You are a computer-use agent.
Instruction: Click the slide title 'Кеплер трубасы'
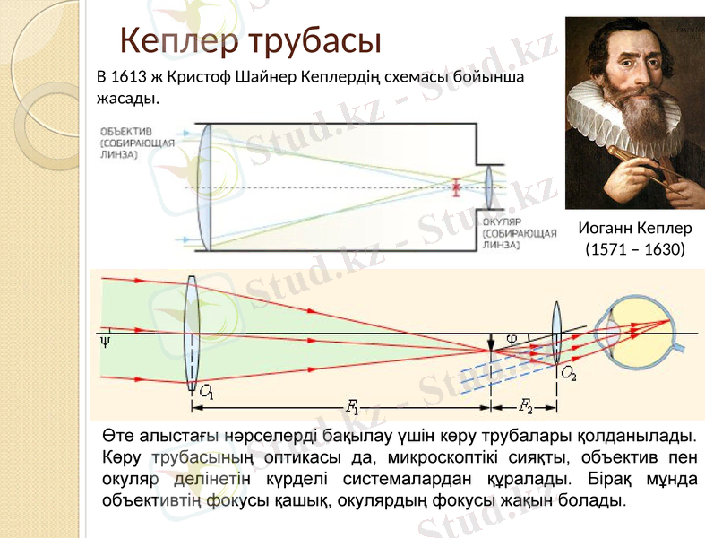[x=251, y=40]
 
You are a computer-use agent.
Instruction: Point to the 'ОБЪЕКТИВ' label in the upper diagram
[x=125, y=130]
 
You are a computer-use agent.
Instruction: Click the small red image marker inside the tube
[x=456, y=188]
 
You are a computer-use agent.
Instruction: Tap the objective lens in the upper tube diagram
[x=205, y=187]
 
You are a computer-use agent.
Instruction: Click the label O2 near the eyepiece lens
[x=569, y=370]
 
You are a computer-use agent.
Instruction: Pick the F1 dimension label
[x=352, y=407]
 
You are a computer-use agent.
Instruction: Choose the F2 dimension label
[x=524, y=407]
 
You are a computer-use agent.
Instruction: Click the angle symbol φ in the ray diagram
[x=512, y=339]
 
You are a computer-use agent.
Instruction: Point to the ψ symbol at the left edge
[x=106, y=342]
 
